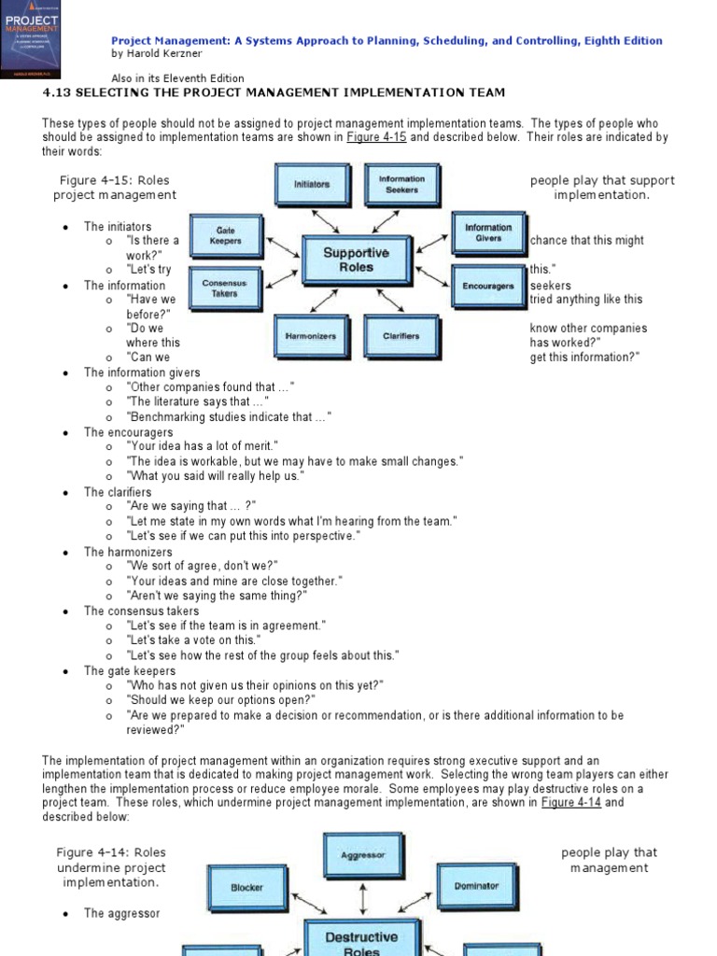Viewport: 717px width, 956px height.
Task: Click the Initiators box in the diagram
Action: (311, 184)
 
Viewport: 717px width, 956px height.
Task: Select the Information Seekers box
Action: (401, 184)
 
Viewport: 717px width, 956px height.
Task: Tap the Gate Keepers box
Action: (225, 235)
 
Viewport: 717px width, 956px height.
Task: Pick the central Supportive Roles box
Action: (356, 259)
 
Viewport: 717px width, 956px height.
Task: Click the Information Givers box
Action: (488, 233)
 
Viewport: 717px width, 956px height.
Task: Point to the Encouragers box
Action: (488, 286)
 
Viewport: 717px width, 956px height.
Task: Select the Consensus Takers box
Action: (225, 288)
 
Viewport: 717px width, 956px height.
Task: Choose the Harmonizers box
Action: (311, 336)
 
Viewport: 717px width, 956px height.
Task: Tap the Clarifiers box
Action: (401, 336)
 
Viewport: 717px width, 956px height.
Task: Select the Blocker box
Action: (246, 887)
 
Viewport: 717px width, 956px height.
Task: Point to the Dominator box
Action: (476, 885)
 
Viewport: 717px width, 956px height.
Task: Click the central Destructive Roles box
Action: (360, 941)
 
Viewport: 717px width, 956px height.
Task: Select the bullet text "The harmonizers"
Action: (128, 552)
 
